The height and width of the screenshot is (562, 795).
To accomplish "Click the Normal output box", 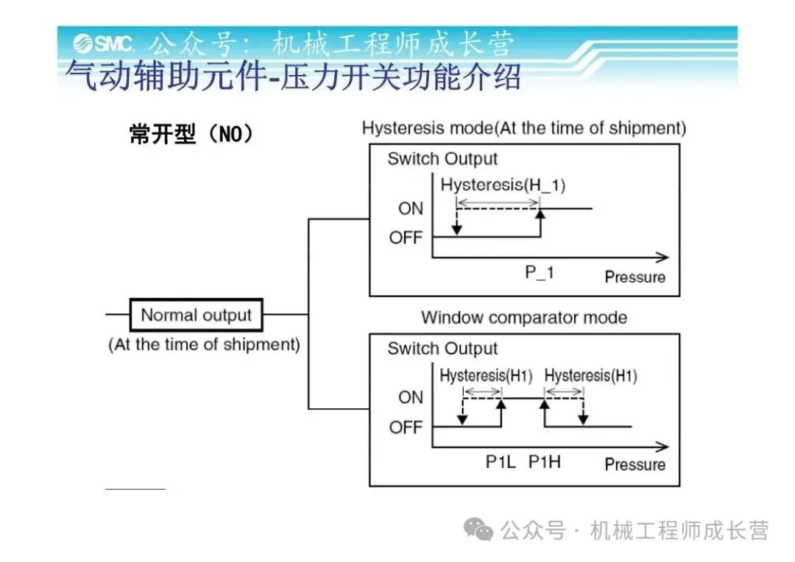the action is pyautogui.click(x=196, y=316).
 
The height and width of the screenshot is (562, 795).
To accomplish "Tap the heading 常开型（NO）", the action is pyautogui.click(x=191, y=134).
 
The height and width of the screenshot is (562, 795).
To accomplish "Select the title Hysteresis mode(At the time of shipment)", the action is pyautogui.click(x=523, y=128).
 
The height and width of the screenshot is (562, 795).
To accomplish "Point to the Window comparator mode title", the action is pyautogui.click(x=523, y=318).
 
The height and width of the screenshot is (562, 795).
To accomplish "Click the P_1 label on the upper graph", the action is pyautogui.click(x=539, y=273).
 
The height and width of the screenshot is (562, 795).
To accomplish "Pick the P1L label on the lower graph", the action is pyautogui.click(x=501, y=462).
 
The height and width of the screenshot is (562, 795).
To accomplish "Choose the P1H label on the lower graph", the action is pyautogui.click(x=544, y=462).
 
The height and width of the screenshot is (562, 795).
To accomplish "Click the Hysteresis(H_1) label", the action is pyautogui.click(x=503, y=185).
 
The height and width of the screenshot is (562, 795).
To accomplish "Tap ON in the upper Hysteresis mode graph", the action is pyautogui.click(x=411, y=209).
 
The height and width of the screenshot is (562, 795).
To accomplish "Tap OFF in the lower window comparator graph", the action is pyautogui.click(x=406, y=427).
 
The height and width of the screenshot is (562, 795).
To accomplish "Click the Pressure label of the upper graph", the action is pyautogui.click(x=635, y=277).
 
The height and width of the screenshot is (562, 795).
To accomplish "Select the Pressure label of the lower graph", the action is pyautogui.click(x=635, y=465).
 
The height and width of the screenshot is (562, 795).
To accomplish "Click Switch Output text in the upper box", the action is pyautogui.click(x=442, y=159).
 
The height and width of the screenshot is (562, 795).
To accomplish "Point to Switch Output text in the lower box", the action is pyautogui.click(x=442, y=349).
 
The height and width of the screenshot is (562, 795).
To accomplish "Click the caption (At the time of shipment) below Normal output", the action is pyautogui.click(x=204, y=344).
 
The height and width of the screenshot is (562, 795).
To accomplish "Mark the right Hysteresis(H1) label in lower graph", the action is pyautogui.click(x=590, y=376).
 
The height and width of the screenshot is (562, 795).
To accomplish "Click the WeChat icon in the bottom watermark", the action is pyautogui.click(x=482, y=529).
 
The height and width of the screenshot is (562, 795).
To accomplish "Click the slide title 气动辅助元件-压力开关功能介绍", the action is pyautogui.click(x=293, y=77).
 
